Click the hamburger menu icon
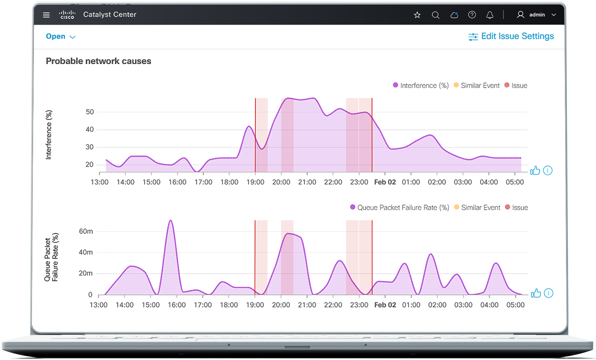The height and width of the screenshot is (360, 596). (x=47, y=15)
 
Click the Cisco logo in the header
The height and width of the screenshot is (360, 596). (x=67, y=15)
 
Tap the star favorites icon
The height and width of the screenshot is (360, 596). (x=417, y=15)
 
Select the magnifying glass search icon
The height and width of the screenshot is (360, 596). (x=436, y=15)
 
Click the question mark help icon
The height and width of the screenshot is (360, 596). (x=472, y=15)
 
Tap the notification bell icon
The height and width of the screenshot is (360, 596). (x=490, y=15)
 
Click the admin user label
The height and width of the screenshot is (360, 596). (x=537, y=15)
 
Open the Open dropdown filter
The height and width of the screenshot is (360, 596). (x=61, y=37)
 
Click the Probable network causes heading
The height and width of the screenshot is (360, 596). (x=98, y=61)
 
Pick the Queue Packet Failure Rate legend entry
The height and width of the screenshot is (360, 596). (x=400, y=207)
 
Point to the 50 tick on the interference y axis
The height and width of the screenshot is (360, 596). (x=90, y=112)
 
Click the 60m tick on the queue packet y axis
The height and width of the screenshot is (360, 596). (x=86, y=232)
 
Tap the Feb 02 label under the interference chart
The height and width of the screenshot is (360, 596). (x=385, y=182)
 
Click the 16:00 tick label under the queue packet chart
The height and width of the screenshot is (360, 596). (x=176, y=305)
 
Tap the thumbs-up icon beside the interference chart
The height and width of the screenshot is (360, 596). (x=535, y=170)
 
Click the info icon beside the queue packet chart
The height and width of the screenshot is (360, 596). (x=549, y=293)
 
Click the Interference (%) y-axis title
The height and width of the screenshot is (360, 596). (x=48, y=135)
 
